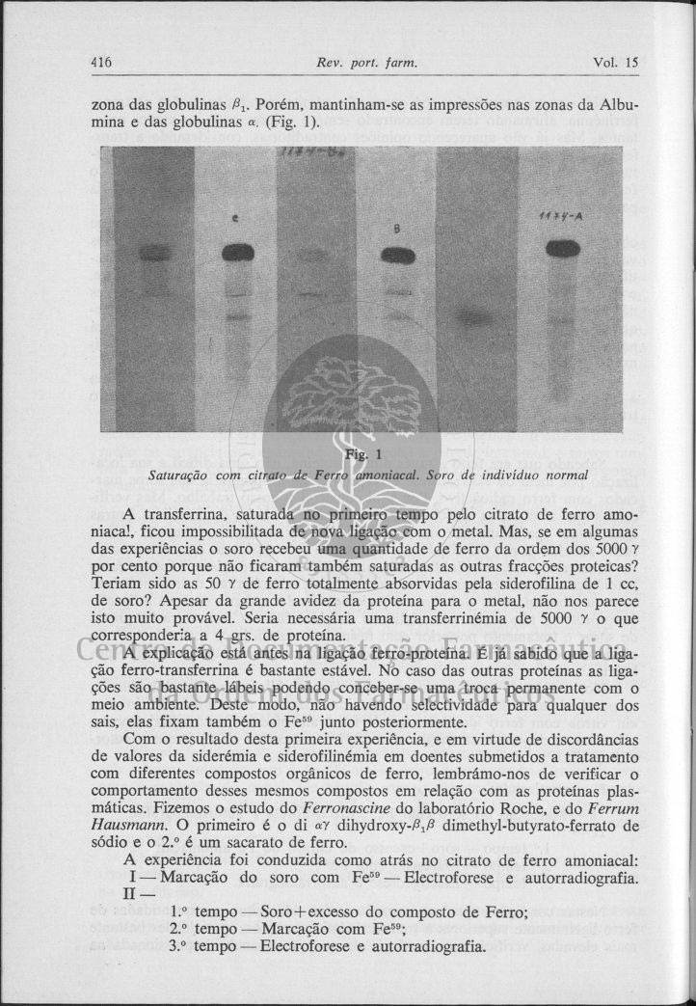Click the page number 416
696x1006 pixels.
point(101,63)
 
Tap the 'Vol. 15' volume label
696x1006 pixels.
point(616,63)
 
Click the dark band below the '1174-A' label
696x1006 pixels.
point(562,248)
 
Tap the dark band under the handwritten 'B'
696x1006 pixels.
point(397,256)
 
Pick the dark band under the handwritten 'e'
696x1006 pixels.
point(238,253)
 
